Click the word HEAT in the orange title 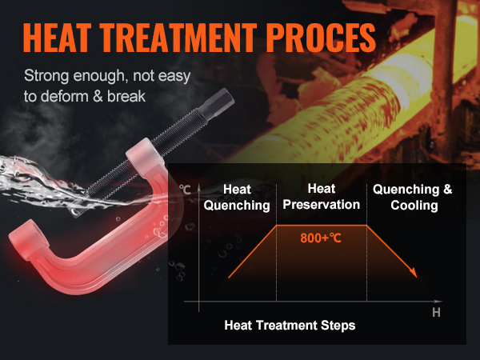click(58, 38)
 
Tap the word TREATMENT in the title click(178, 38)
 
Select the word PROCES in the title click(321, 38)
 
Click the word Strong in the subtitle click(46, 76)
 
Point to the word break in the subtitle click(126, 97)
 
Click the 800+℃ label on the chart click(321, 238)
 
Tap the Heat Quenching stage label click(237, 197)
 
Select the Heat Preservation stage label click(321, 197)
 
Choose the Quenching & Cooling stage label click(412, 197)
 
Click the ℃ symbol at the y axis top click(186, 190)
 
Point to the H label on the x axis click(436, 313)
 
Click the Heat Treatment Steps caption click(290, 325)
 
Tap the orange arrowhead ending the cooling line click(414, 273)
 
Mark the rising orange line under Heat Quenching click(253, 252)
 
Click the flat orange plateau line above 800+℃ click(322, 226)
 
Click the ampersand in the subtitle click(98, 97)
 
